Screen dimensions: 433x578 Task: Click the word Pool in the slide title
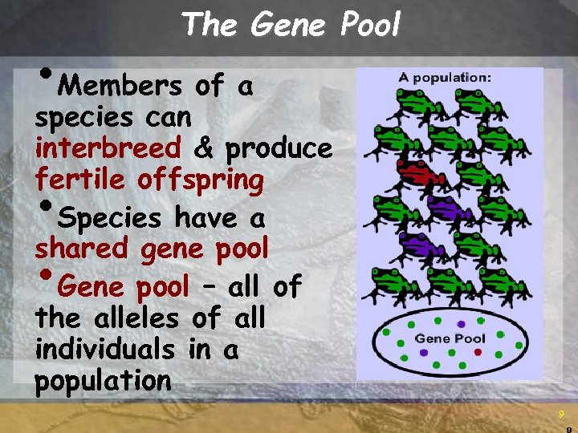coord(369,25)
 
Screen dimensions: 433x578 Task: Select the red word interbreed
coord(108,149)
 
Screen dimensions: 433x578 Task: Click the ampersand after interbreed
coord(204,149)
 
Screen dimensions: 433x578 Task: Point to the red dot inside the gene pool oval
coord(478,351)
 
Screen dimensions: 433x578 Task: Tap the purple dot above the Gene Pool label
coord(460,324)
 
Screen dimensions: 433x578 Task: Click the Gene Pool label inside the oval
coord(450,338)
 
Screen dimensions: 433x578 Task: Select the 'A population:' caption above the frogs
coord(446,78)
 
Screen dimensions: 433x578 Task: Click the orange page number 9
coord(561,414)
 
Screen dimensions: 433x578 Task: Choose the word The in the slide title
coord(209,25)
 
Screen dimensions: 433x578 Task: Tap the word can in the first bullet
coord(169,118)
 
